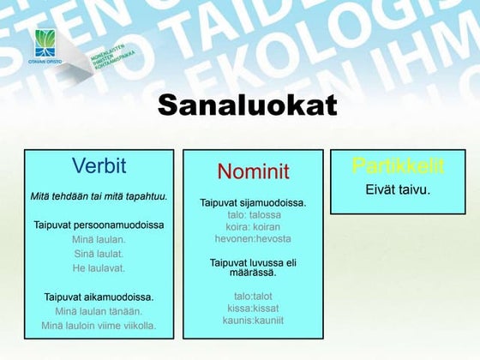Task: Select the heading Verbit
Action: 99,165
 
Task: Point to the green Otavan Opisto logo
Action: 46,44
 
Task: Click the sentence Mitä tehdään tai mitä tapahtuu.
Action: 99,196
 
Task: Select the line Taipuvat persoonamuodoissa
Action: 99,225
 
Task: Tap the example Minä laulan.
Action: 99,240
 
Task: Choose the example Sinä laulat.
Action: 99,254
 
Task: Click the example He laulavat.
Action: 99,268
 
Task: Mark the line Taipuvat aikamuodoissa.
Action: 99,297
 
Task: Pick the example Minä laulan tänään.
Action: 99,311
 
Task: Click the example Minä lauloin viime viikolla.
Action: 99,326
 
